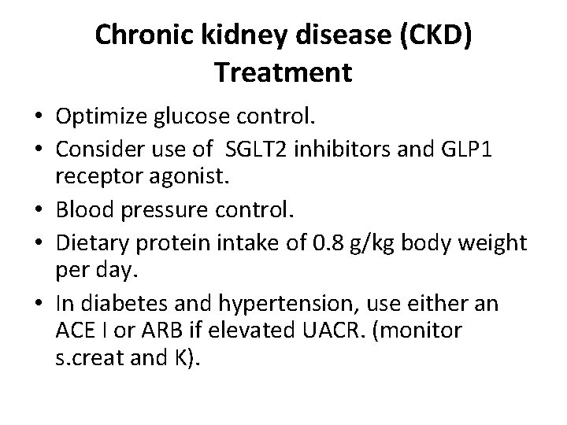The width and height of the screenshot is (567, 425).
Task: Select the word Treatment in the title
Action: (x=283, y=72)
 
